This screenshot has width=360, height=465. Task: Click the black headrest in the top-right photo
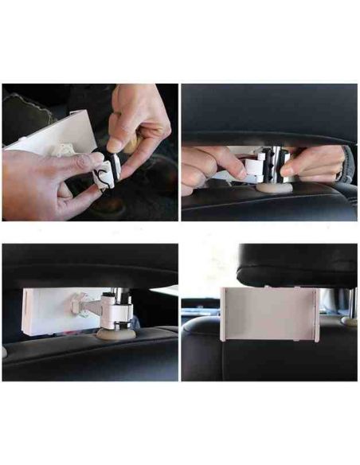(x=267, y=111)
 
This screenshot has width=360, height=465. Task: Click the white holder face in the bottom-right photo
(x=269, y=313)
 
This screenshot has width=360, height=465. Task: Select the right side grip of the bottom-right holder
(x=317, y=315)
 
